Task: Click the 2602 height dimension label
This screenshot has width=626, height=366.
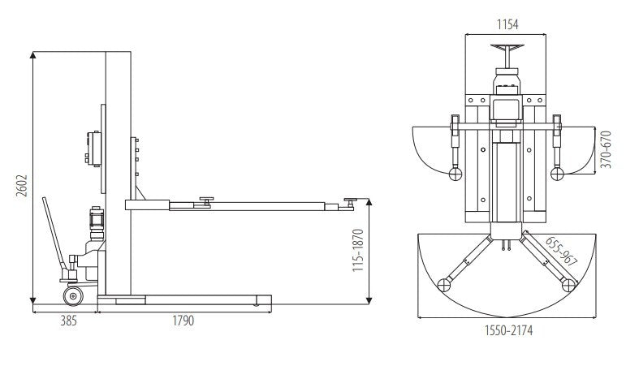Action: [23, 186]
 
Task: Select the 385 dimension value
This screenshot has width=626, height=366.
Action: [68, 321]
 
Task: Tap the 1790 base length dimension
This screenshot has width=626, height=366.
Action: [183, 321]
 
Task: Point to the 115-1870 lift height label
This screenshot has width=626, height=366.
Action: [358, 250]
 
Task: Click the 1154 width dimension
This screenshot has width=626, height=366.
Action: [507, 24]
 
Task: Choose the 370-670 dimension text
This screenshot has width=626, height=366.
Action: [606, 149]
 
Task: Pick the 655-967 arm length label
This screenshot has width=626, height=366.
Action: [562, 252]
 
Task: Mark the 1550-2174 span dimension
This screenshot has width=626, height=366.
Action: [508, 330]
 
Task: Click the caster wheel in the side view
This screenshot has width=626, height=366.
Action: [73, 296]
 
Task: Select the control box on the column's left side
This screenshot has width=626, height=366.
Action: [93, 149]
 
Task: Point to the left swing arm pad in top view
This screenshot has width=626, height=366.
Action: [444, 285]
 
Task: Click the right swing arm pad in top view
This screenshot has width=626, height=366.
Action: [568, 285]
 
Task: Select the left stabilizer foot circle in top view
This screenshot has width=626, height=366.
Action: [455, 174]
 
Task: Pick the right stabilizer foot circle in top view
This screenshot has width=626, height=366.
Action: [557, 174]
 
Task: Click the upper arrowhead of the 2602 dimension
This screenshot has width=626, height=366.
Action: [33, 55]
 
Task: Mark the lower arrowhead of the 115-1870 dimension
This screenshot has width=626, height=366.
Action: [369, 300]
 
